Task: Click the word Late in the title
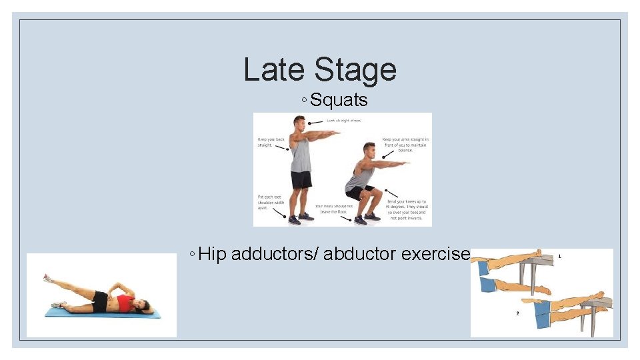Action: pyautogui.click(x=274, y=70)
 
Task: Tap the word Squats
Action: pyautogui.click(x=339, y=101)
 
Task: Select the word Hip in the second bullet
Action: pyautogui.click(x=213, y=254)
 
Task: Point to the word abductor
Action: pyautogui.click(x=361, y=254)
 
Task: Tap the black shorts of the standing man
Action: pyautogui.click(x=301, y=179)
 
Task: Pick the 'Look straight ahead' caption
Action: pyautogui.click(x=344, y=121)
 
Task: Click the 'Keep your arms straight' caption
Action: pyautogui.click(x=405, y=145)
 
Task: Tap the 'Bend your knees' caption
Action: pyautogui.click(x=406, y=207)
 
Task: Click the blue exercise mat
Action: pyautogui.click(x=100, y=312)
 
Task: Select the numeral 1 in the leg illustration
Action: pyautogui.click(x=559, y=256)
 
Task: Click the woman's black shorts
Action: pyautogui.click(x=101, y=301)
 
